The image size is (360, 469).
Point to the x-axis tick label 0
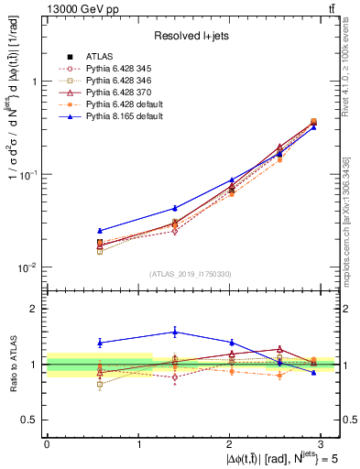[47, 444]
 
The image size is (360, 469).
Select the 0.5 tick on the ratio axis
[31, 420]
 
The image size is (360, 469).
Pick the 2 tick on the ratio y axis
[35, 309]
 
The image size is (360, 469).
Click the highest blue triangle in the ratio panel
[175, 332]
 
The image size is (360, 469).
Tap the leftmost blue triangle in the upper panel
[100, 231]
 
